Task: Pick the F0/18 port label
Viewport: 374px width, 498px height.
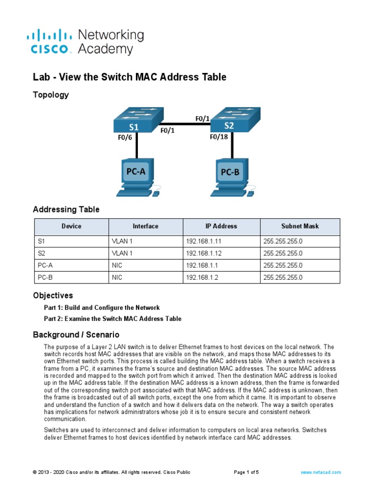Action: pos(219,137)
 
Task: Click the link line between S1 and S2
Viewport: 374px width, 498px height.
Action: pos(187,124)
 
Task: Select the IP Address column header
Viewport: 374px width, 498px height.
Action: pos(221,226)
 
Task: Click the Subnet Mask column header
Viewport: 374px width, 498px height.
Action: pos(300,226)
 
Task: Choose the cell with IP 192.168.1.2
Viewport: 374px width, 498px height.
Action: pos(202,278)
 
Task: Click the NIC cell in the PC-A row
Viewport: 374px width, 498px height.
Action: pos(116,266)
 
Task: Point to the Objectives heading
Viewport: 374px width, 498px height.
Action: pos(53,295)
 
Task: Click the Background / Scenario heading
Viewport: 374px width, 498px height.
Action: pos(76,335)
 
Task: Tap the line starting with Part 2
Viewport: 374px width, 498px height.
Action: pos(112,319)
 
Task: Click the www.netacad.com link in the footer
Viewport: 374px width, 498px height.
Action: pos(321,472)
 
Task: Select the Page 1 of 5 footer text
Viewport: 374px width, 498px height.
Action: pos(246,472)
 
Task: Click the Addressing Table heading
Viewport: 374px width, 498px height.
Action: pos(66,210)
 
